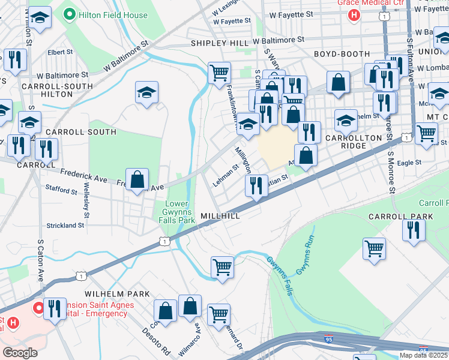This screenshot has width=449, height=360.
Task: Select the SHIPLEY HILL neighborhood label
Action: (220, 43)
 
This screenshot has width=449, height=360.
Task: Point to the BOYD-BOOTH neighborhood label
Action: (342, 54)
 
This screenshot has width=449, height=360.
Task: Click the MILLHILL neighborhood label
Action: (220, 215)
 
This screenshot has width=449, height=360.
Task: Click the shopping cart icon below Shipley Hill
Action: (219, 73)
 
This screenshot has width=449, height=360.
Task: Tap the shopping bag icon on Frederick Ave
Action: (137, 179)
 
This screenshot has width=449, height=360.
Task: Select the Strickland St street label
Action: (65, 226)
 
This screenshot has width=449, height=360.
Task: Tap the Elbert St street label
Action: (60, 52)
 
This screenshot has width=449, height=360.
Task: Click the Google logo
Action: (20, 353)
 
